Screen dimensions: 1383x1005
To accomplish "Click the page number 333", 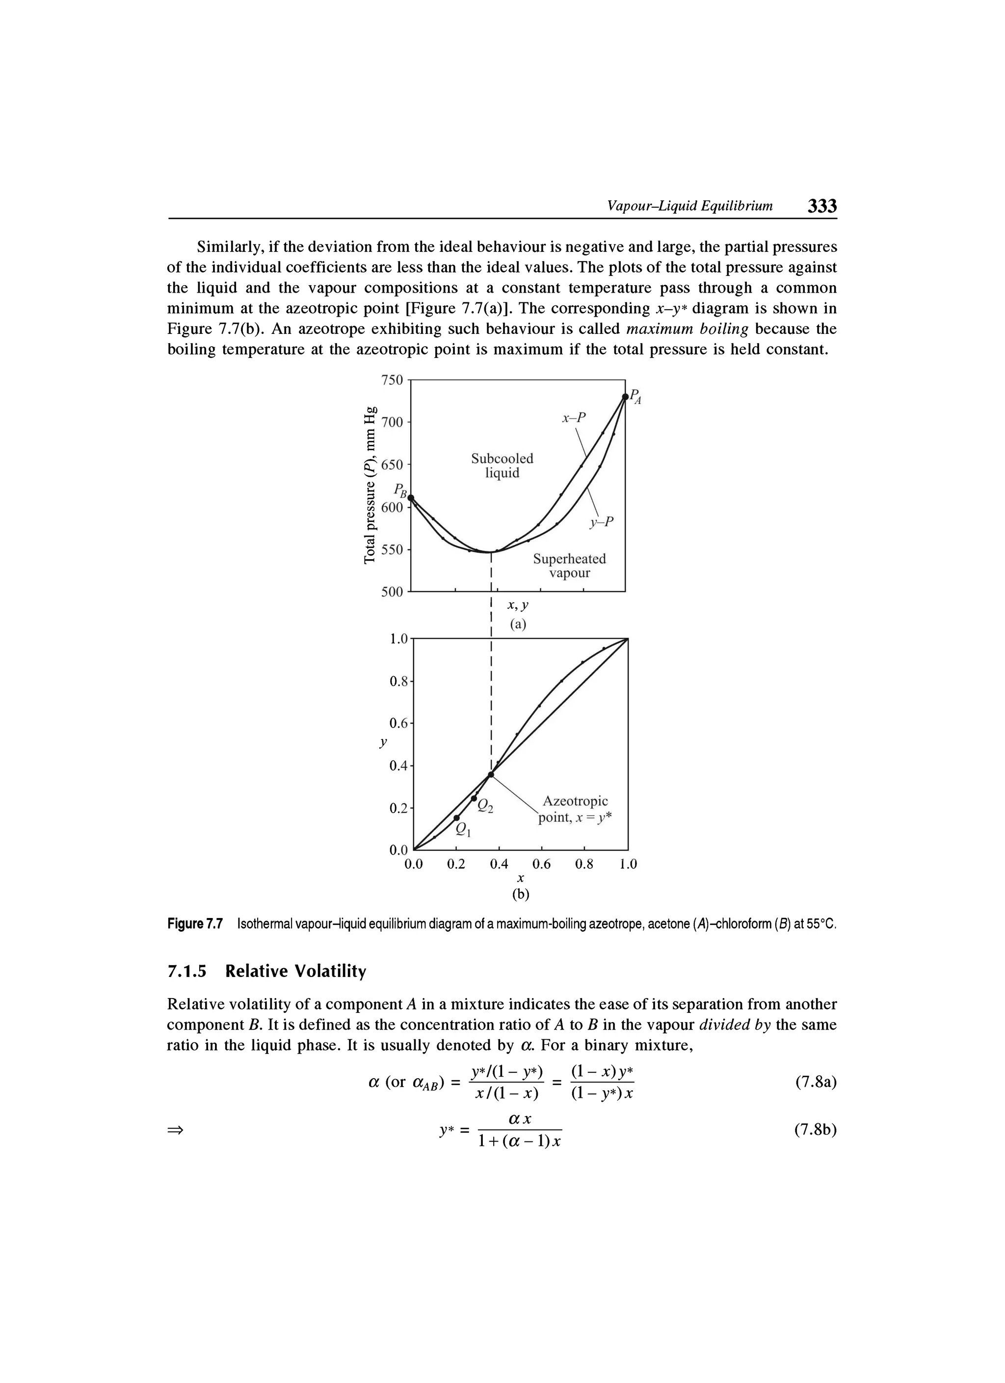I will point(821,206).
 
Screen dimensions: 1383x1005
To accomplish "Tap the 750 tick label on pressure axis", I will point(392,380).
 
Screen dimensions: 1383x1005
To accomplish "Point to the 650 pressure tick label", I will point(392,464).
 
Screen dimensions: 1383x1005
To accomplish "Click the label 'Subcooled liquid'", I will point(502,465).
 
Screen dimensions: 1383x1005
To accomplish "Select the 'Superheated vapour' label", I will point(569,566).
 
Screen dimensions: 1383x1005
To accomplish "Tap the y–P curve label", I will point(603,522).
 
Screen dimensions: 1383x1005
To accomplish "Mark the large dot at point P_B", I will point(411,498).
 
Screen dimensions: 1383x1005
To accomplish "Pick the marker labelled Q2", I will point(475,798).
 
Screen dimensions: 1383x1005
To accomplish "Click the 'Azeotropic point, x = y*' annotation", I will point(574,809).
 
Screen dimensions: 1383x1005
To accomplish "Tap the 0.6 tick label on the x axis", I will point(541,864).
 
